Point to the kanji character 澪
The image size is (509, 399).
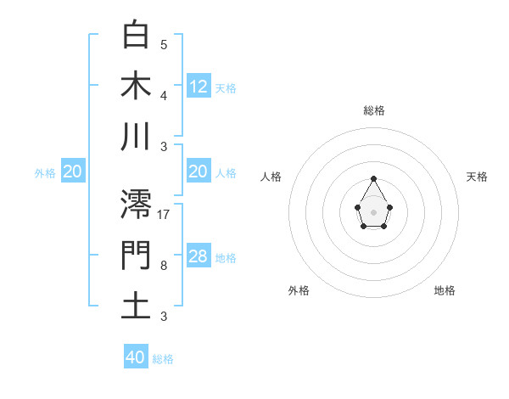tap(137, 205)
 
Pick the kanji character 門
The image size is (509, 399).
tap(137, 256)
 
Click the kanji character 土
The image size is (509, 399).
tap(137, 306)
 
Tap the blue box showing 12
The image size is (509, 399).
tap(199, 86)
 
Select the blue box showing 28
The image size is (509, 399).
tap(199, 256)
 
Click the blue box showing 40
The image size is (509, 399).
tap(136, 357)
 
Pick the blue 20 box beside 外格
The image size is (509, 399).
tap(73, 171)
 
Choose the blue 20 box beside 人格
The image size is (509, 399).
tap(199, 171)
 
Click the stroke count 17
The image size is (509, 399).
tap(164, 214)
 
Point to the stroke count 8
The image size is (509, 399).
tap(164, 266)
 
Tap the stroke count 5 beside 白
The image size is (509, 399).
tap(164, 44)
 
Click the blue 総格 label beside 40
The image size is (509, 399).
tap(163, 359)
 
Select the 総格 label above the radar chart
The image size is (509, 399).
tap(373, 110)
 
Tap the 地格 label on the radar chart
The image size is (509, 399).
tap(445, 290)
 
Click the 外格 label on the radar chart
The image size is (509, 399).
tap(299, 290)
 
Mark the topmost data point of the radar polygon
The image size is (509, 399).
tap(373, 178)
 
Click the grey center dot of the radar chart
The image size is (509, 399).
tap(373, 211)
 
